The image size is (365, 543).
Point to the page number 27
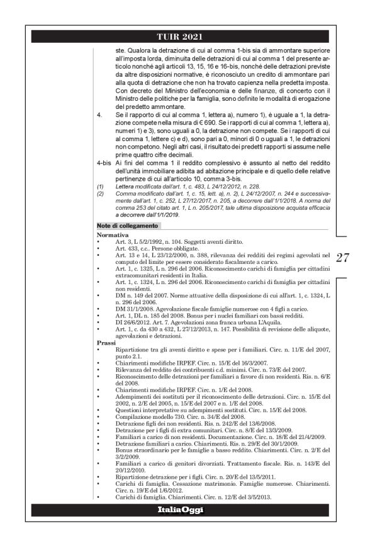click(343, 257)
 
